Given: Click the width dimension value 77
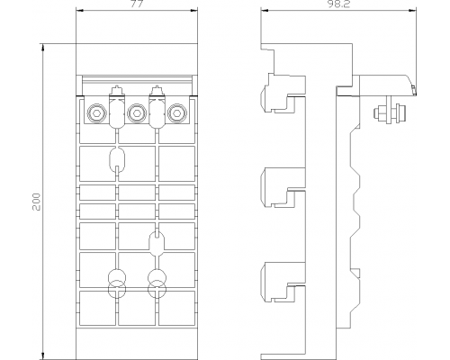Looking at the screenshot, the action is click(x=137, y=4).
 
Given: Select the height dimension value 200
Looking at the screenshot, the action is click(x=36, y=202).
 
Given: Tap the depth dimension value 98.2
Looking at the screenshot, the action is click(x=338, y=4).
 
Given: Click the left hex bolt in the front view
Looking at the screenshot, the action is click(x=96, y=113).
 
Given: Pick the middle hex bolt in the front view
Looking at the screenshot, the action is click(x=137, y=113).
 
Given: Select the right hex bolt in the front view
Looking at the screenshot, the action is click(x=177, y=113).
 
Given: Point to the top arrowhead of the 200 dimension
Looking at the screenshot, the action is click(x=43, y=48).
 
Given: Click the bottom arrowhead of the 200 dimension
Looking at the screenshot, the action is click(x=43, y=355).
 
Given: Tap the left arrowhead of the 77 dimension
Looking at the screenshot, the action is click(x=80, y=11).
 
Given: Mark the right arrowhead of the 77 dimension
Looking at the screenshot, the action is click(x=194, y=11).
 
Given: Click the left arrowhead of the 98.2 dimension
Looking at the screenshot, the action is click(x=265, y=11).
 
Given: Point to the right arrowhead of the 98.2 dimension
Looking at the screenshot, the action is click(x=413, y=11).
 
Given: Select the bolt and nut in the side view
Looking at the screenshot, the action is click(x=391, y=113).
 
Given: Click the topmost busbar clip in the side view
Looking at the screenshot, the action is click(x=282, y=94).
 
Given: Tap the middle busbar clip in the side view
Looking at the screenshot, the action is click(x=282, y=188).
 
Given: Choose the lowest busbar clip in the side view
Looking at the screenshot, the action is click(x=282, y=282).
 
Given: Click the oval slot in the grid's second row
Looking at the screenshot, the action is click(x=117, y=158).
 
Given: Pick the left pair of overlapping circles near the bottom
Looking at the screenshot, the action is click(x=117, y=283).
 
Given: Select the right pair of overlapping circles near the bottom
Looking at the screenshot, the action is click(x=157, y=283).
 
